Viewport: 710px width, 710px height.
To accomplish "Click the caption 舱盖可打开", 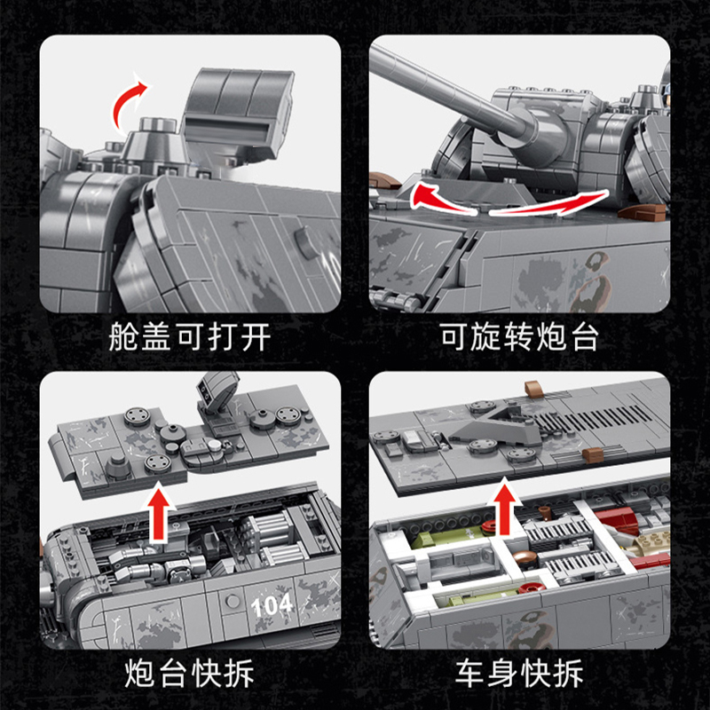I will (x=190, y=337).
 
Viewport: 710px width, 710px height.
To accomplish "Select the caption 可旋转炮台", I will (x=519, y=337).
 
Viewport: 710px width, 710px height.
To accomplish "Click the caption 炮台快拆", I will (x=190, y=673).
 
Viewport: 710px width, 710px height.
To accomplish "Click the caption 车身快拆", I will (x=519, y=673).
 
